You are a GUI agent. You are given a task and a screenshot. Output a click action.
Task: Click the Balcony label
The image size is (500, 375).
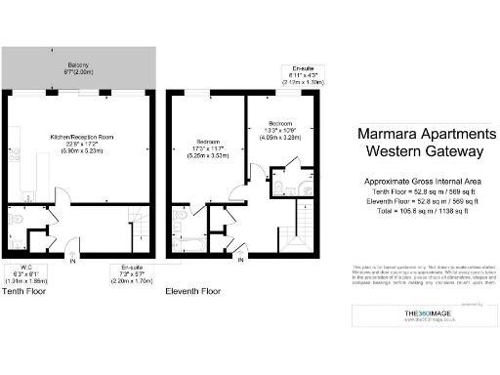(x=79, y=67)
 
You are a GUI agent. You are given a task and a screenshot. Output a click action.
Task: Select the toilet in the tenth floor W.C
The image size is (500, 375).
(x=16, y=221)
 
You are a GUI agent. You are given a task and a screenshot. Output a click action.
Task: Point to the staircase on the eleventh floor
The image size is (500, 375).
(x=299, y=234)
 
